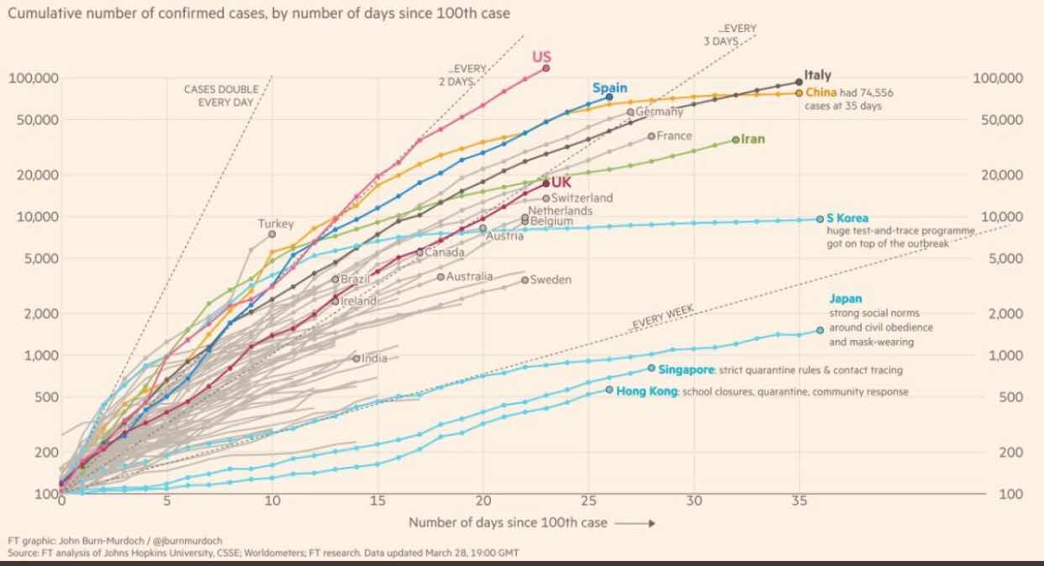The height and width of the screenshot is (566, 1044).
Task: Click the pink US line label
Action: tap(541, 57)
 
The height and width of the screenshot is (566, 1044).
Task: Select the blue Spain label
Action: tap(609, 87)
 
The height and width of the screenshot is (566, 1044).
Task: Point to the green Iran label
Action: tap(753, 139)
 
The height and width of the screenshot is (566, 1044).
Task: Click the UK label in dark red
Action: tap(561, 183)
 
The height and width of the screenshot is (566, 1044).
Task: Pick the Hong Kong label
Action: tap(646, 391)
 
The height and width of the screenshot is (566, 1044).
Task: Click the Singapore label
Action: tap(686, 369)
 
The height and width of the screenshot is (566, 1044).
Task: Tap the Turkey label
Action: tap(276, 224)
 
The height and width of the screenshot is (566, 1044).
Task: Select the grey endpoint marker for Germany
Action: tap(630, 112)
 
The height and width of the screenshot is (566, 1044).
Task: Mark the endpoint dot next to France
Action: tap(651, 136)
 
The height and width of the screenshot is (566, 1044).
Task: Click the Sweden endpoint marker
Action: tap(525, 280)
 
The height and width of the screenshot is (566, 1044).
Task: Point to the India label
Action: tap(375, 359)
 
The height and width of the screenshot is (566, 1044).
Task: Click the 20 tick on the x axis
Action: tap(482, 501)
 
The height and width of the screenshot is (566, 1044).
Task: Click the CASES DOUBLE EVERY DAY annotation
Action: tap(221, 96)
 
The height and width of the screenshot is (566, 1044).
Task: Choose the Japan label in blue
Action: tap(846, 298)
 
